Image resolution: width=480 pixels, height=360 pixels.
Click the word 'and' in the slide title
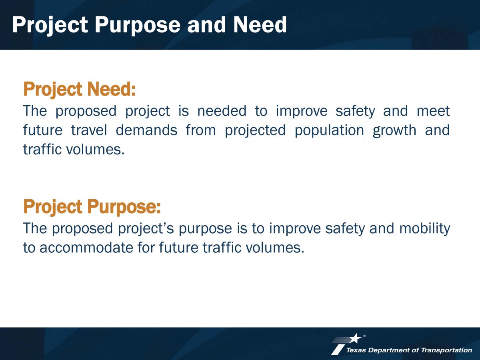tap(206, 25)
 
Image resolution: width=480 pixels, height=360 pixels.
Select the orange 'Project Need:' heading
tap(79, 89)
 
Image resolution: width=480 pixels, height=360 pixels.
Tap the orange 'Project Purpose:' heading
tap(92, 207)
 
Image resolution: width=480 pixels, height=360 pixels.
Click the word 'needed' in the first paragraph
tap(222, 111)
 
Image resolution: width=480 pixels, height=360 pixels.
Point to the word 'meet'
tap(433, 111)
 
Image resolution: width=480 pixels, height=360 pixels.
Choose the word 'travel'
tap(89, 130)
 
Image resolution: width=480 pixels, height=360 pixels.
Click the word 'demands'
tap(146, 130)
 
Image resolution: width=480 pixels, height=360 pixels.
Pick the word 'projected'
tap(255, 131)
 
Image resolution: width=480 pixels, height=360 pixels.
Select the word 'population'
tap(329, 131)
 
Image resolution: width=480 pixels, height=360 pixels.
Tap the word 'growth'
tap(394, 131)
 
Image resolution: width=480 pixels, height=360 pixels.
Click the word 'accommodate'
tap(86, 248)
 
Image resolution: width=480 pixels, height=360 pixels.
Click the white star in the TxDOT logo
tap(355, 338)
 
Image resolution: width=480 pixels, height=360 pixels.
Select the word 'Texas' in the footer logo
tap(356, 350)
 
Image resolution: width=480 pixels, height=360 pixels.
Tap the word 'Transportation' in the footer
tap(446, 350)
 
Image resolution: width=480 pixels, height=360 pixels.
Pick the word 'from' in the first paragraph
tap(201, 130)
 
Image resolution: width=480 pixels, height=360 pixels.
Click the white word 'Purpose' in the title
tap(138, 25)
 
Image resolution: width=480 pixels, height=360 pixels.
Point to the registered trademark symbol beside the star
tap(364, 336)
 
